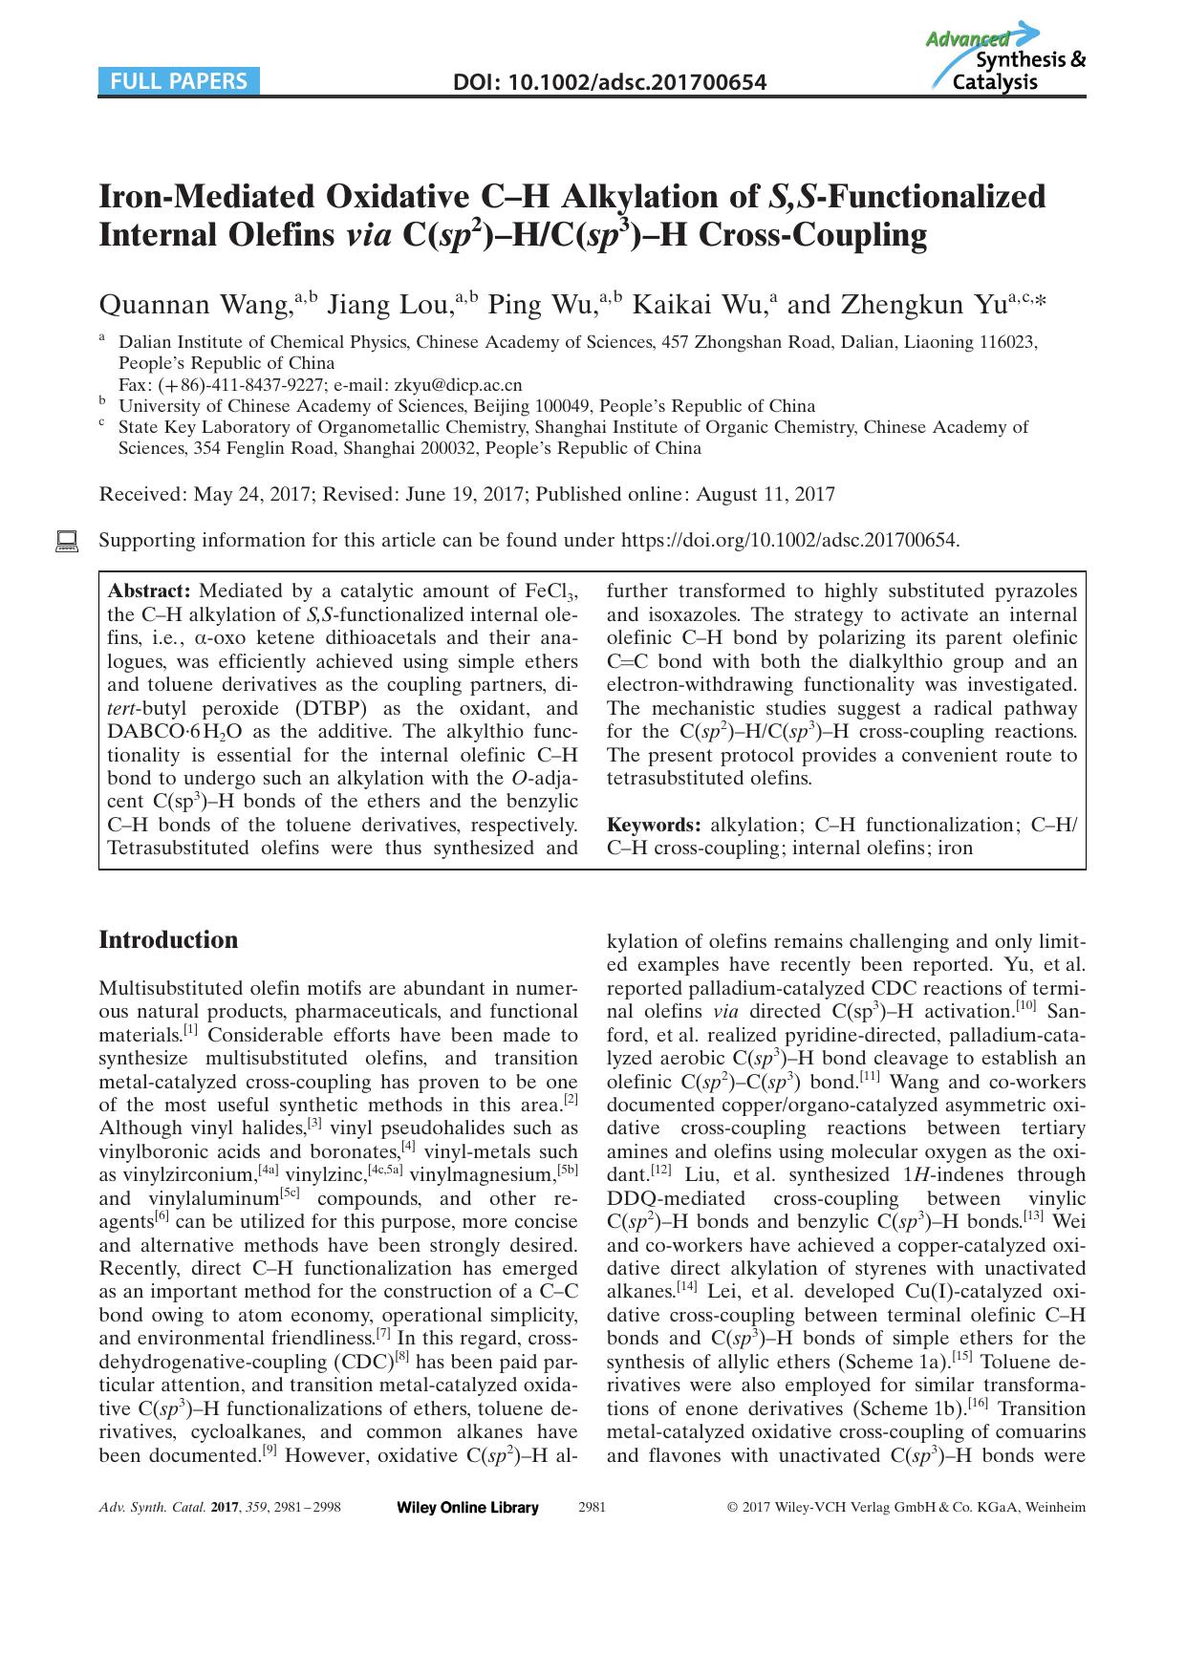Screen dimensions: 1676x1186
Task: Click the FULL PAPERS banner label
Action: pyautogui.click(x=179, y=81)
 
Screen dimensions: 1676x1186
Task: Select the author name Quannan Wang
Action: pyautogui.click(x=195, y=305)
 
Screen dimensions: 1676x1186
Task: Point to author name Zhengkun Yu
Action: pyautogui.click(x=923, y=305)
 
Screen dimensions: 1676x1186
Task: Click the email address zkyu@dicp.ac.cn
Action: pyautogui.click(x=458, y=385)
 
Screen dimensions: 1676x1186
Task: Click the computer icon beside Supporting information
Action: pyautogui.click(x=67, y=541)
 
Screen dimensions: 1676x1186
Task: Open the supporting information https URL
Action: pyautogui.click(x=789, y=541)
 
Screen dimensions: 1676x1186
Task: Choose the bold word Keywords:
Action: pyautogui.click(x=655, y=825)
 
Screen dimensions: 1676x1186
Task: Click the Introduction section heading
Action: pyautogui.click(x=169, y=940)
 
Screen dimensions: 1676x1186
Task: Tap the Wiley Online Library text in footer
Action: pyautogui.click(x=467, y=1508)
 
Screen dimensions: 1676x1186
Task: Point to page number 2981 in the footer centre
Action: pyautogui.click(x=593, y=1508)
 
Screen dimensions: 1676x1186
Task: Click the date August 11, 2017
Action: pyautogui.click(x=766, y=494)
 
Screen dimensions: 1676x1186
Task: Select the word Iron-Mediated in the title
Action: pyautogui.click(x=207, y=197)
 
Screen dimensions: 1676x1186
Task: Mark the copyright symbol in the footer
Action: pyautogui.click(x=733, y=1508)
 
